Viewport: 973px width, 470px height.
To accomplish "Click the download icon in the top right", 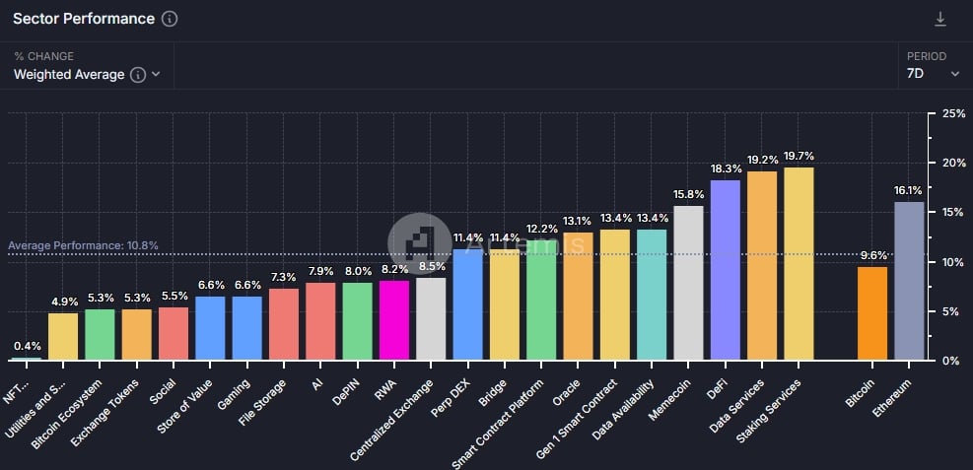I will pos(940,20).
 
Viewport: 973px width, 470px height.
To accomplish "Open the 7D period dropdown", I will pos(933,74).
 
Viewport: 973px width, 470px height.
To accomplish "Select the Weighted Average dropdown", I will pos(87,74).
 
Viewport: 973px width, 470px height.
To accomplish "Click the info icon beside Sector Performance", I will pos(170,19).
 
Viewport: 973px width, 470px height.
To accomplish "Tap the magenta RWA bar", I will pos(393,320).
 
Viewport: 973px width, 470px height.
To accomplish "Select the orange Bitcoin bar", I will pos(872,313).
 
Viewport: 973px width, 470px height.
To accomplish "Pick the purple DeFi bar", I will pos(726,270).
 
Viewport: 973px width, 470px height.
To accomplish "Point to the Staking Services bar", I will pos(799,263).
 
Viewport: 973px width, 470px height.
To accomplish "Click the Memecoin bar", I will pos(688,283).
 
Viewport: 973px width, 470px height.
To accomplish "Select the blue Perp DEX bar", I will pos(467,304).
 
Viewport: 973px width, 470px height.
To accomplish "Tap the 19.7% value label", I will pos(799,157).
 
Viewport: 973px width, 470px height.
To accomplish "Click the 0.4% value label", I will pos(27,346).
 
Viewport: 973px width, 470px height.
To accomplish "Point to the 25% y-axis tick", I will pos(953,114).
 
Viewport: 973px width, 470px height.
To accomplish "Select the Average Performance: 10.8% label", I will pos(83,245).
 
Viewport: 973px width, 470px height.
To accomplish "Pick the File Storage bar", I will pos(284,324).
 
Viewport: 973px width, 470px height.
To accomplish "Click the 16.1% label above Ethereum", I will pos(908,190).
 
